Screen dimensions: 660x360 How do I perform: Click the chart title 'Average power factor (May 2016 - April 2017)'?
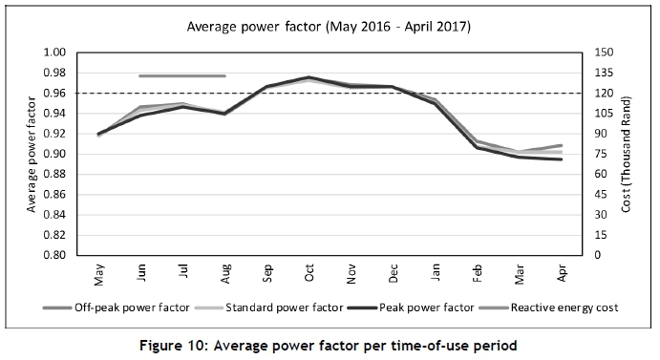point(329,27)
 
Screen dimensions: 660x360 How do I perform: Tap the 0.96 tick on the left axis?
point(54,93)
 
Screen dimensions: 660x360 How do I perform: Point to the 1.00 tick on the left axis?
point(54,53)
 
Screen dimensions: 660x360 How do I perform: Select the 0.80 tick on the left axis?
point(54,255)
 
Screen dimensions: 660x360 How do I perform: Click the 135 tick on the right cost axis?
point(604,73)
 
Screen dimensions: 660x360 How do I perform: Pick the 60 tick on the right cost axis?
point(601,174)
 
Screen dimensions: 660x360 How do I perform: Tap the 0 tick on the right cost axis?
point(598,255)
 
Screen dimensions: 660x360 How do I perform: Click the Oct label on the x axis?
point(309,272)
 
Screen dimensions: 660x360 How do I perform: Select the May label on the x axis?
point(99,275)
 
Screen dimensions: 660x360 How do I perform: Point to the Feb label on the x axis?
point(478,273)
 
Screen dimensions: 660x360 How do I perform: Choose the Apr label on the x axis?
point(562,273)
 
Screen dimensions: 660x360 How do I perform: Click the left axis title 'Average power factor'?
point(32,154)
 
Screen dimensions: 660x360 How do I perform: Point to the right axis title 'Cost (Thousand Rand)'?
point(627,154)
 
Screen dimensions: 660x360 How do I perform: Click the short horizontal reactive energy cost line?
point(182,75)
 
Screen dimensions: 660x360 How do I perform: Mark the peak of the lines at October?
point(309,77)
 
